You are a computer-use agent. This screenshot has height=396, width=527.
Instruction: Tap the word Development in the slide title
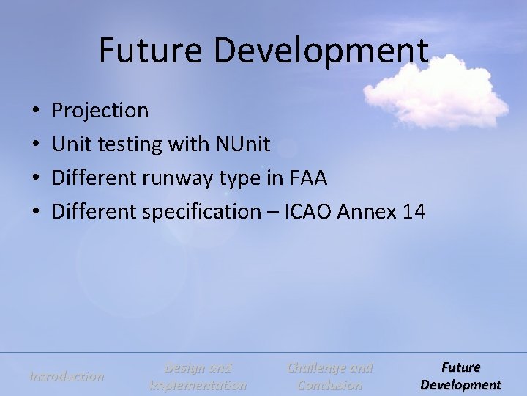coord(321,51)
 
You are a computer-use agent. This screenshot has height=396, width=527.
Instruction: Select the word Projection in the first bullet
coord(100,111)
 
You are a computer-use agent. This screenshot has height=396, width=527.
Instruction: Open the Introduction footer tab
coord(66,376)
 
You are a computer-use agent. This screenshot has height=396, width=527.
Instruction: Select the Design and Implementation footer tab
coord(198,376)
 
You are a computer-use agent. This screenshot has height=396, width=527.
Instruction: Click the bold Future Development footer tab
coord(460,376)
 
